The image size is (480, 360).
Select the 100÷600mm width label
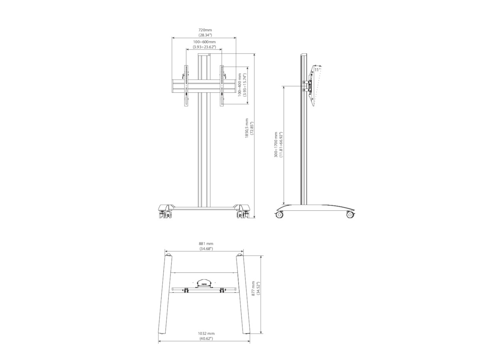(204, 42)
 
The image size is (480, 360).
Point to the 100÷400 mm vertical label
(240, 85)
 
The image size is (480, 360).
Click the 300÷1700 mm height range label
(276, 144)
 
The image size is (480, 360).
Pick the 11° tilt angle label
(316, 70)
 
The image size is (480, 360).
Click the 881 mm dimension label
(206, 243)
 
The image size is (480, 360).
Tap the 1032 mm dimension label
(206, 333)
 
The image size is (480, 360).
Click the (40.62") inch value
(206, 339)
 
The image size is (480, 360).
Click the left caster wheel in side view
(279, 215)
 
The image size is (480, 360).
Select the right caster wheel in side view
(350, 215)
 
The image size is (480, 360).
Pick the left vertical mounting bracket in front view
(186, 86)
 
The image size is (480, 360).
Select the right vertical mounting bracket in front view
(221, 86)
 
